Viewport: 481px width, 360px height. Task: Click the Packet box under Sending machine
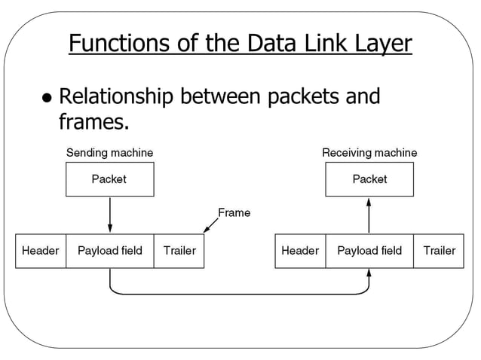tap(109, 179)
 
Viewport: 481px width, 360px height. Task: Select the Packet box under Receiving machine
tap(369, 179)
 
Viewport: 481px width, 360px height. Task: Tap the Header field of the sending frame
tap(41, 251)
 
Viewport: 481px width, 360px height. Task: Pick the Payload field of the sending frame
tap(110, 251)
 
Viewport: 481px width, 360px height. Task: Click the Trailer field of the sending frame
tap(179, 251)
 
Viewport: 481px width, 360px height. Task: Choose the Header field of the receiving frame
tap(300, 251)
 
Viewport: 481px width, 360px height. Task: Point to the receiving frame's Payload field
tap(369, 251)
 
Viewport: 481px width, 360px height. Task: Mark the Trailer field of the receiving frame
tap(439, 251)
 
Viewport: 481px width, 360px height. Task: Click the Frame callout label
tap(234, 213)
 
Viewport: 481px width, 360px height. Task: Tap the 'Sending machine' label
tap(109, 153)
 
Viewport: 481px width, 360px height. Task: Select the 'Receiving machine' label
tap(369, 153)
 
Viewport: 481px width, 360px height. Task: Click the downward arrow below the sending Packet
tap(110, 215)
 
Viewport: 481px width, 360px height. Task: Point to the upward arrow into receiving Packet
tap(369, 215)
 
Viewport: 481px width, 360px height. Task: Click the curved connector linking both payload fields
tap(239, 293)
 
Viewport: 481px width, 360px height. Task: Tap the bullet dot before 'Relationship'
tap(47, 99)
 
